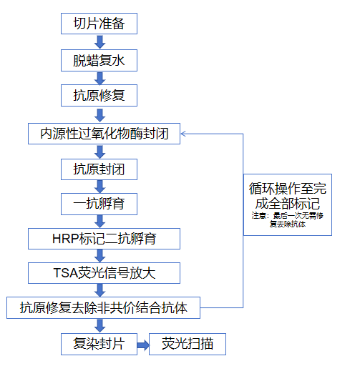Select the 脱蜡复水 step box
click(99, 61)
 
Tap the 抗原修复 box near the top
click(99, 95)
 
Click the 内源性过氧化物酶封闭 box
click(104, 133)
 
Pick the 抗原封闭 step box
click(99, 169)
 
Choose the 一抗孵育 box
click(99, 203)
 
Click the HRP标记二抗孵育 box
click(104, 238)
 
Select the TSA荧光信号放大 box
click(104, 272)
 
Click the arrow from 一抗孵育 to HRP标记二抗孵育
click(99, 220)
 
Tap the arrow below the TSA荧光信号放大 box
click(99, 290)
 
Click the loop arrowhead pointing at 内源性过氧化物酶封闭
click(185, 133)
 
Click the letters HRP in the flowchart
click(62, 238)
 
